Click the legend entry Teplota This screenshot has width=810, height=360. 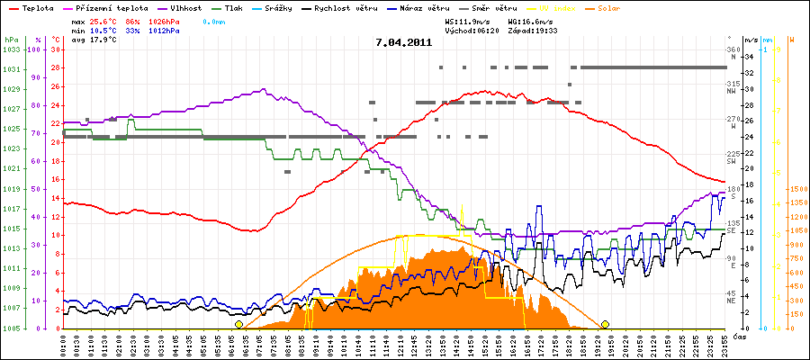click(35, 7)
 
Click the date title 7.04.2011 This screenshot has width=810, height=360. click(404, 42)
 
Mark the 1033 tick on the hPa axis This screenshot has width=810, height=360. click(10, 50)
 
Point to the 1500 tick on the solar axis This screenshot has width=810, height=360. click(797, 190)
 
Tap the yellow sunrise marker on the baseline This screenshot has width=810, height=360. click(238, 324)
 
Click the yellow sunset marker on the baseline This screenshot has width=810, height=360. click(605, 324)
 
